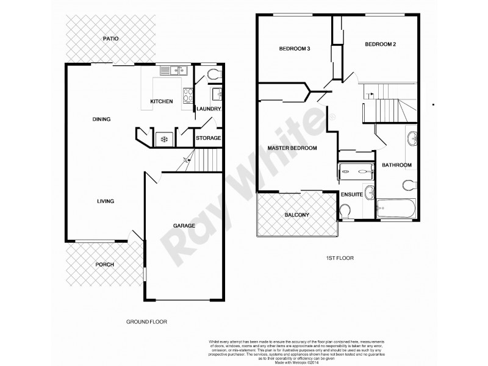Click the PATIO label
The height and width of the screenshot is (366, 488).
(110, 38)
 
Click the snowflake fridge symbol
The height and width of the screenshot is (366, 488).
(163, 139)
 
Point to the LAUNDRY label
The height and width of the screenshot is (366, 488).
(208, 109)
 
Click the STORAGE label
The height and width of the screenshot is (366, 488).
(208, 138)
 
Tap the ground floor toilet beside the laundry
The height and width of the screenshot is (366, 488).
(213, 74)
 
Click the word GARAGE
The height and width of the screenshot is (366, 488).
(184, 226)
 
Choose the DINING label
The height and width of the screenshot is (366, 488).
(101, 119)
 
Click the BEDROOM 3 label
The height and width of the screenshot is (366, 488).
(292, 49)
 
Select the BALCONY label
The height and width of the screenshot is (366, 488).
(298, 215)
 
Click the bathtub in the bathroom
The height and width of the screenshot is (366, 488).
(397, 210)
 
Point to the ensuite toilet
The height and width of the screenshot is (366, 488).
(345, 211)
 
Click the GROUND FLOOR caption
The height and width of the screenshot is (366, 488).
(146, 321)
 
